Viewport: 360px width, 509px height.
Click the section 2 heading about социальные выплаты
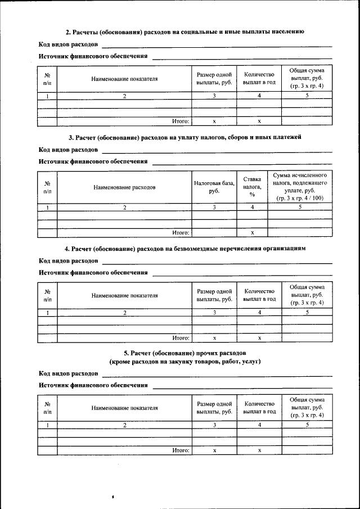click(x=185, y=31)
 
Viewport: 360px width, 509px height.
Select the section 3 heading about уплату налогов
click(x=185, y=137)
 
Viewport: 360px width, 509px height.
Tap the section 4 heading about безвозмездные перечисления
click(x=185, y=248)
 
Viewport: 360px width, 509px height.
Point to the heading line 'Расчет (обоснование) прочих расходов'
click(x=185, y=352)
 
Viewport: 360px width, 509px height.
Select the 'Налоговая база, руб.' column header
click(x=214, y=187)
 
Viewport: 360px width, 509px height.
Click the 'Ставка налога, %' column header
click(x=252, y=187)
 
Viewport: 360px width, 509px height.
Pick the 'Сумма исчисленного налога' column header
click(x=300, y=187)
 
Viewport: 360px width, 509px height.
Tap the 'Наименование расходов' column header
click(x=124, y=187)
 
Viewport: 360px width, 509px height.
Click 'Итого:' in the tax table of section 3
click(x=181, y=232)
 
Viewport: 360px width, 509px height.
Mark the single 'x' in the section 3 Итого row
click(x=252, y=232)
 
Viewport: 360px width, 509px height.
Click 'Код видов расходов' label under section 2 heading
click(x=68, y=44)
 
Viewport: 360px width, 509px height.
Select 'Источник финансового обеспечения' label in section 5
click(x=93, y=385)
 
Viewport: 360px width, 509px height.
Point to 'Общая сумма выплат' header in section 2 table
click(x=307, y=78)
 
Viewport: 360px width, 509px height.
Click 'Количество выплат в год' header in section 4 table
click(x=259, y=295)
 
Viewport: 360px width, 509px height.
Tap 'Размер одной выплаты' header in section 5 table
click(x=214, y=408)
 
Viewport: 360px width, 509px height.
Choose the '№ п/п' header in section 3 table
click(x=47, y=187)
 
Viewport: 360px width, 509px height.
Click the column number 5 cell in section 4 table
click(x=307, y=313)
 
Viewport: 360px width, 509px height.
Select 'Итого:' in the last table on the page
click(x=181, y=450)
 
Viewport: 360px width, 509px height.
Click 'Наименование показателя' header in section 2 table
click(x=124, y=79)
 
